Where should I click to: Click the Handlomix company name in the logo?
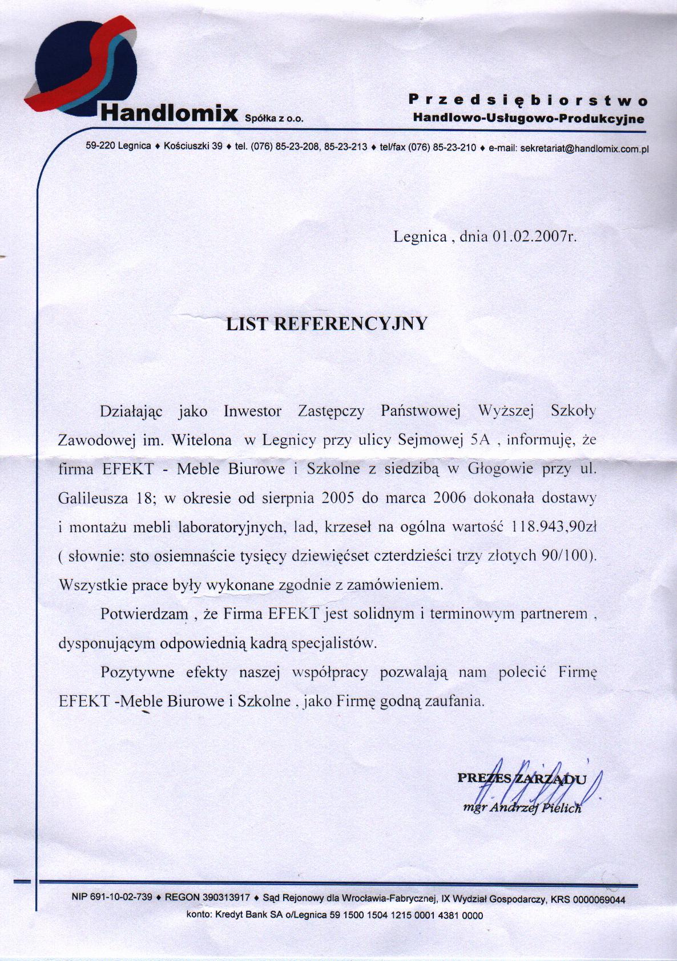168,113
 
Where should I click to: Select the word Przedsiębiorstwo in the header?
528,100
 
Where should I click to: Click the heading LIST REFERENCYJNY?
327,324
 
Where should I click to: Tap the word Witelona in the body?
202,440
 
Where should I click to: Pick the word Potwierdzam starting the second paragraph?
144,614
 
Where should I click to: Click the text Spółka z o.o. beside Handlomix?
273,119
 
